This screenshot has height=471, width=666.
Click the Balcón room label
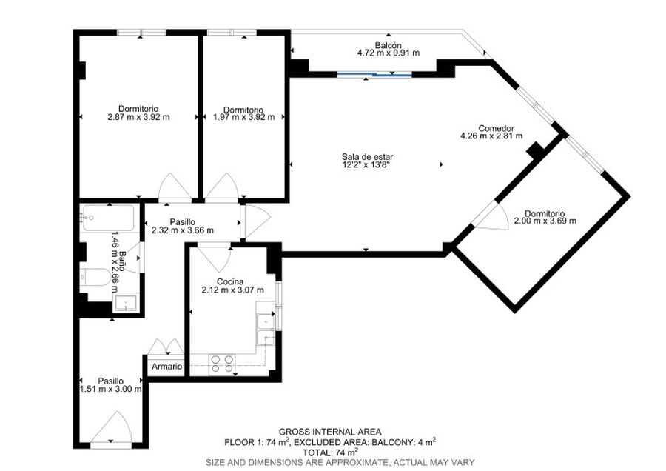pyautogui.click(x=388, y=45)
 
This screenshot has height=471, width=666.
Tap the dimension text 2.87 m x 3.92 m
pyautogui.click(x=138, y=117)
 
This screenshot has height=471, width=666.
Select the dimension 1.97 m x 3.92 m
pyautogui.click(x=243, y=117)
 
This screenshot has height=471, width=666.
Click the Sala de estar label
pyautogui.click(x=367, y=157)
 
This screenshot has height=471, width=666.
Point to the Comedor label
pyautogui.click(x=496, y=128)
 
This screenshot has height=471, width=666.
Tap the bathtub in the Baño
pyautogui.click(x=110, y=218)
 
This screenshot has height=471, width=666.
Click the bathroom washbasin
pyautogui.click(x=126, y=303)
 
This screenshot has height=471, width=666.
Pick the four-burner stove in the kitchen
pyautogui.click(x=223, y=364)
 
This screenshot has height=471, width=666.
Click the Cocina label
pyautogui.click(x=230, y=282)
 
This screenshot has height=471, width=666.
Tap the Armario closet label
pyautogui.click(x=167, y=367)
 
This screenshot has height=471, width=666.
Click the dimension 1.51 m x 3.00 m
pyautogui.click(x=110, y=389)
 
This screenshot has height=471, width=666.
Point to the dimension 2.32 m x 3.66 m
pyautogui.click(x=183, y=230)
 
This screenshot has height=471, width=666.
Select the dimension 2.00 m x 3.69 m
pyautogui.click(x=545, y=221)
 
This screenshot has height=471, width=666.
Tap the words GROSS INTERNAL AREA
pyautogui.click(x=330, y=432)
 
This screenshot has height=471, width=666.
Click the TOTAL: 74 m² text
pyautogui.click(x=330, y=452)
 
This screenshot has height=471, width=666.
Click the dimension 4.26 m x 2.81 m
pyautogui.click(x=491, y=136)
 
